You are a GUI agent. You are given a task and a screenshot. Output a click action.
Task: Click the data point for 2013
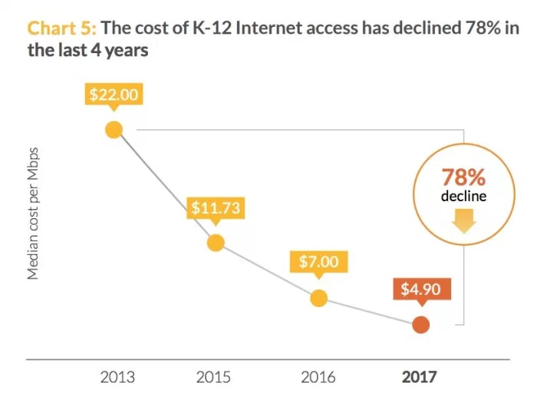click(114, 129)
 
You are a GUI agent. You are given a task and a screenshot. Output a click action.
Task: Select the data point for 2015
click(216, 243)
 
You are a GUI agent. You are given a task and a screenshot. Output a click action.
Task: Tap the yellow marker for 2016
click(318, 298)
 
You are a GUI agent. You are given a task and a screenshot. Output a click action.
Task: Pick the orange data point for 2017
click(420, 324)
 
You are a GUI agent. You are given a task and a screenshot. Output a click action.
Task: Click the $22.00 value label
click(114, 95)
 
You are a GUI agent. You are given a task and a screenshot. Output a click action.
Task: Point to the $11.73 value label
click(216, 208)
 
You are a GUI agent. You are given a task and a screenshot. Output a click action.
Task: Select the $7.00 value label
click(318, 262)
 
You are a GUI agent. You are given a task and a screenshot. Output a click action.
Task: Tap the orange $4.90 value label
click(420, 290)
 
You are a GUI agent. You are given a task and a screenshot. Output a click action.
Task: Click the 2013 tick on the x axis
click(117, 377)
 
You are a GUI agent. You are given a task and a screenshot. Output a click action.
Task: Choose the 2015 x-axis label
click(216, 377)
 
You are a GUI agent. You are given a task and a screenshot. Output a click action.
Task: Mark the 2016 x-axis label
click(318, 377)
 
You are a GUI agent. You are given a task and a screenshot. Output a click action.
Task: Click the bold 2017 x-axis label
click(419, 377)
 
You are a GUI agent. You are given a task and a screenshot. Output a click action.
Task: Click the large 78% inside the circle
click(463, 177)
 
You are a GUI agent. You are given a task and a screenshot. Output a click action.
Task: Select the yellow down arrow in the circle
click(463, 222)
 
